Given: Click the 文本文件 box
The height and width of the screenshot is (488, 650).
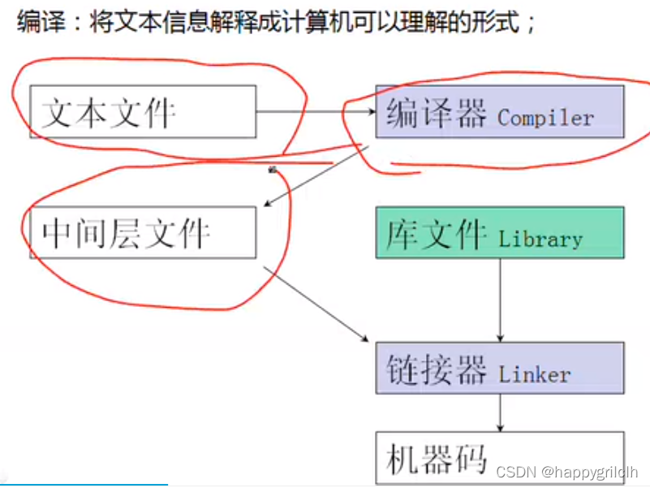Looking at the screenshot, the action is point(143,111).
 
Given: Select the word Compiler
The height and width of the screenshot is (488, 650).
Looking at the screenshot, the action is point(545,118).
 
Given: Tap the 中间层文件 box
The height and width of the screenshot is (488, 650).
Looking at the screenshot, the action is point(143,232).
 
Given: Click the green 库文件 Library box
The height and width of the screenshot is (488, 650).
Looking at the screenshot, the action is point(499,232).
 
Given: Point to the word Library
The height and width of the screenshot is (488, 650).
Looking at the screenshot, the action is point(540,240).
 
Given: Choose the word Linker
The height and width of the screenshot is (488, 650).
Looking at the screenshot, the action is point(535,375).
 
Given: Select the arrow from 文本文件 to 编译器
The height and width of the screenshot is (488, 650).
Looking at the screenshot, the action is point(315,111).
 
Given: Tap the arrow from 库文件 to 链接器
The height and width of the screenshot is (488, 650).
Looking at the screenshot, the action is point(500,300).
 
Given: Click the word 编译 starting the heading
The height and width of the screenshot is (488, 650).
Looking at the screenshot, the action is point(38,22).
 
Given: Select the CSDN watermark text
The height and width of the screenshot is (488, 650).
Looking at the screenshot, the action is point(512,472).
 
